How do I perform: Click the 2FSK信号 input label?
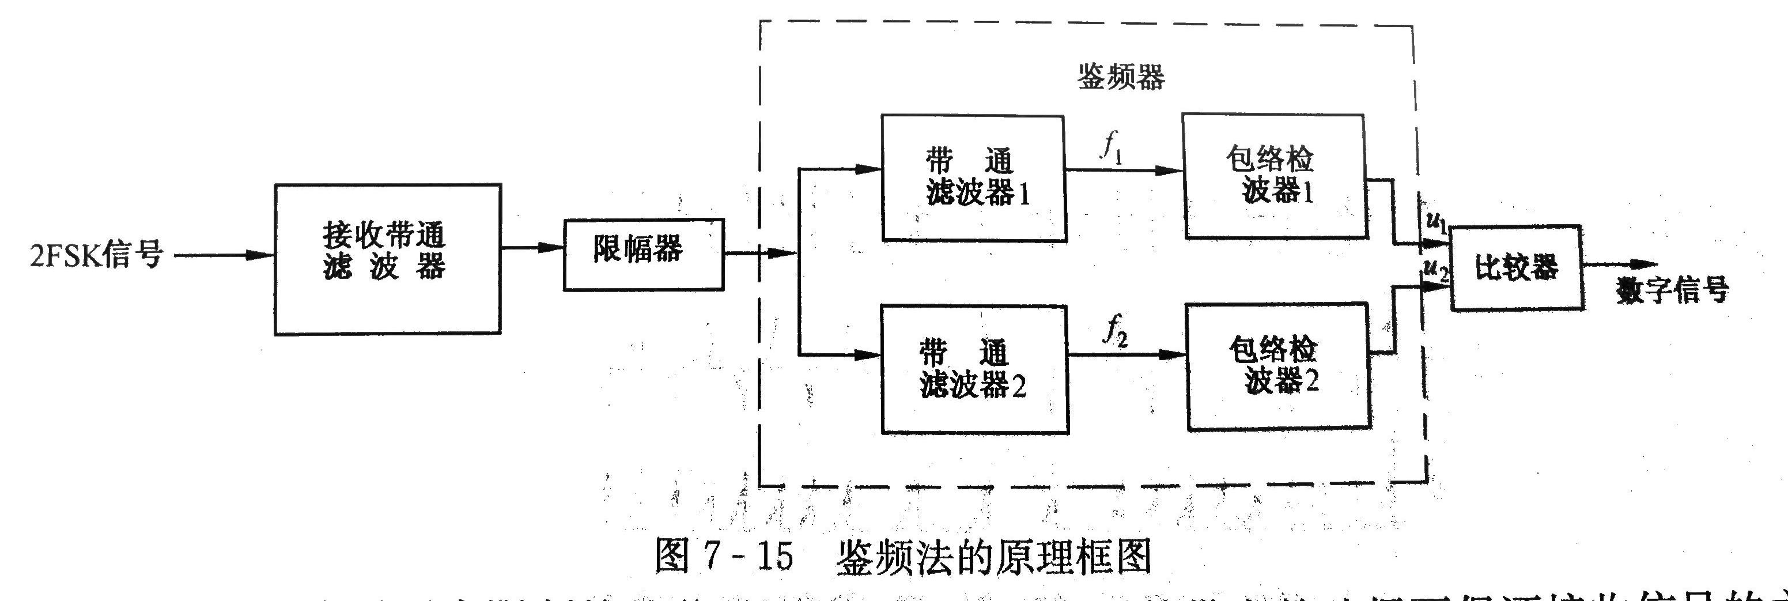click(95, 254)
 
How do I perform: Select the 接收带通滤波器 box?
click(387, 258)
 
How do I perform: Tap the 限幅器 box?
click(642, 254)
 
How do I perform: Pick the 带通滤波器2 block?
click(974, 369)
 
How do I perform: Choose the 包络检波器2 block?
click(1277, 366)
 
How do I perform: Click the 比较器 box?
click(1517, 267)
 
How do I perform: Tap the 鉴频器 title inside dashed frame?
click(1120, 78)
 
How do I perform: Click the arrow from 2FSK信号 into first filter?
click(222, 255)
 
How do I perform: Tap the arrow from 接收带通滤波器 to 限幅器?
click(532, 247)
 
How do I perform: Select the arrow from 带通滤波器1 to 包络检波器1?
click(1124, 169)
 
